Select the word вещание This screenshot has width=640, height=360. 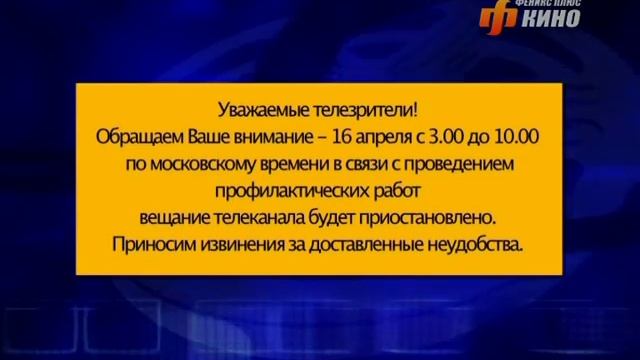176,216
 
